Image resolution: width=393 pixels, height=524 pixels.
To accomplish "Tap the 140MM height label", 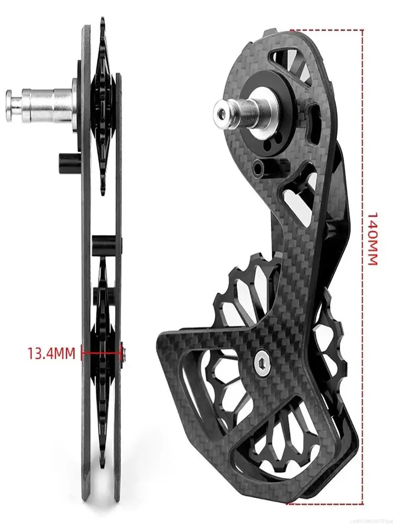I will click(x=372, y=238).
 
